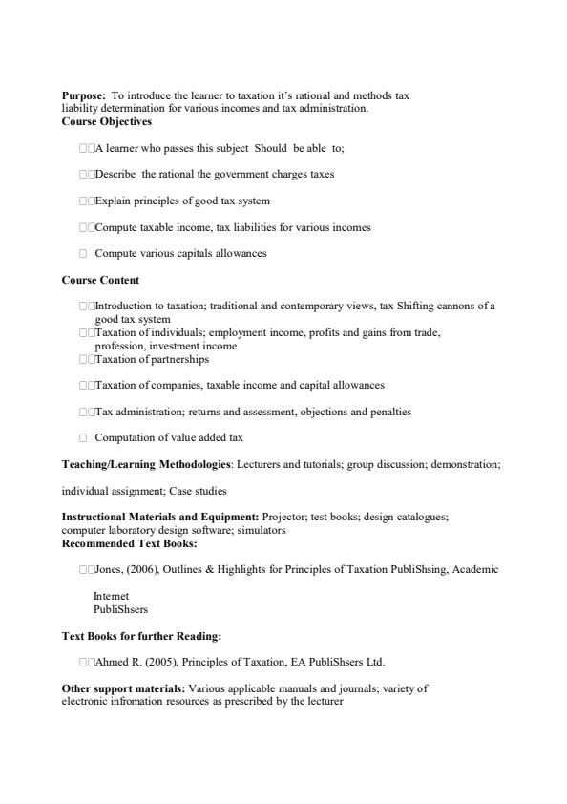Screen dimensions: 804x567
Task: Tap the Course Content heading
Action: click(100, 280)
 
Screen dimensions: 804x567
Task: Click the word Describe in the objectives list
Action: click(116, 175)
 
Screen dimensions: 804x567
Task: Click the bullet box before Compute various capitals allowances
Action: click(84, 254)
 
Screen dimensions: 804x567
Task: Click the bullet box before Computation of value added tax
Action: click(84, 438)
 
